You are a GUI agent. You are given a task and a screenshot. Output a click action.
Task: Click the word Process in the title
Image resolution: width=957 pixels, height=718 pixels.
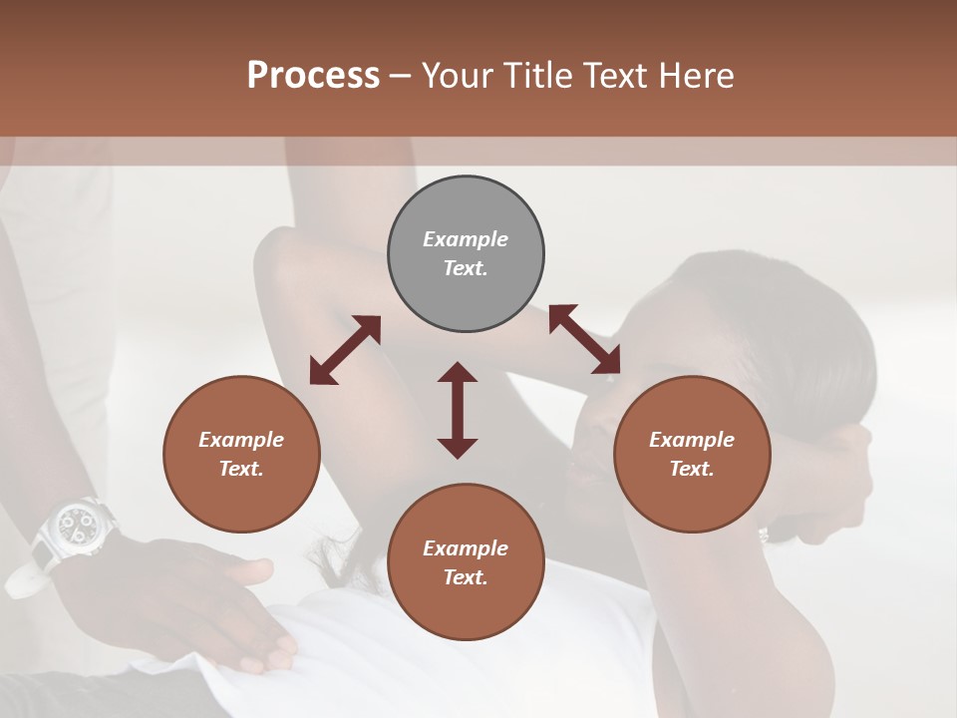pyautogui.click(x=313, y=76)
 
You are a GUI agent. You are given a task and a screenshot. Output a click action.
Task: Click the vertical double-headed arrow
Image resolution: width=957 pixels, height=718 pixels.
pyautogui.click(x=458, y=410)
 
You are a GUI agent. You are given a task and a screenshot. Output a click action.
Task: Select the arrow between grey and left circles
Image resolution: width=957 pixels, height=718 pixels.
pyautogui.click(x=345, y=349)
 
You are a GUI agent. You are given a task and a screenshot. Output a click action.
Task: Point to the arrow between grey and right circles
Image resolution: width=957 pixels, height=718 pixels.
pyautogui.click(x=584, y=340)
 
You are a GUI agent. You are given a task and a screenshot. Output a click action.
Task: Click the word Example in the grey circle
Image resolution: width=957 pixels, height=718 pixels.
pyautogui.click(x=466, y=239)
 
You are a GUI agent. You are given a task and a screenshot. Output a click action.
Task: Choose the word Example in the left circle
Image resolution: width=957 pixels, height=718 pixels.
pyautogui.click(x=241, y=440)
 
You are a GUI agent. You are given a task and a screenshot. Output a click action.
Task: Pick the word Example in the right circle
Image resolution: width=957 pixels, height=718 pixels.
pyautogui.click(x=692, y=440)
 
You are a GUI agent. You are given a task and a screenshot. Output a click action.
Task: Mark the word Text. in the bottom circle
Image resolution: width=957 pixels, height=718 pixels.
pyautogui.click(x=466, y=577)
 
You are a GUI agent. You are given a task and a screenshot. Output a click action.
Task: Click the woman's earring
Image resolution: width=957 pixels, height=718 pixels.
pyautogui.click(x=765, y=536)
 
